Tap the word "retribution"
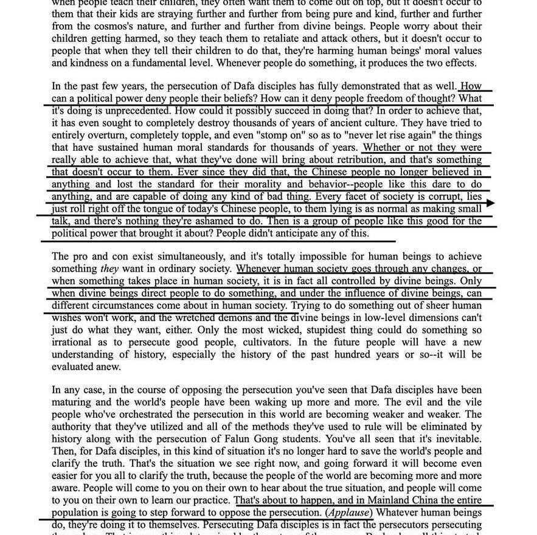pos(358,160)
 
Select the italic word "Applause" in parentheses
pos(347,513)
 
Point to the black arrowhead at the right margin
pos(491,203)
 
